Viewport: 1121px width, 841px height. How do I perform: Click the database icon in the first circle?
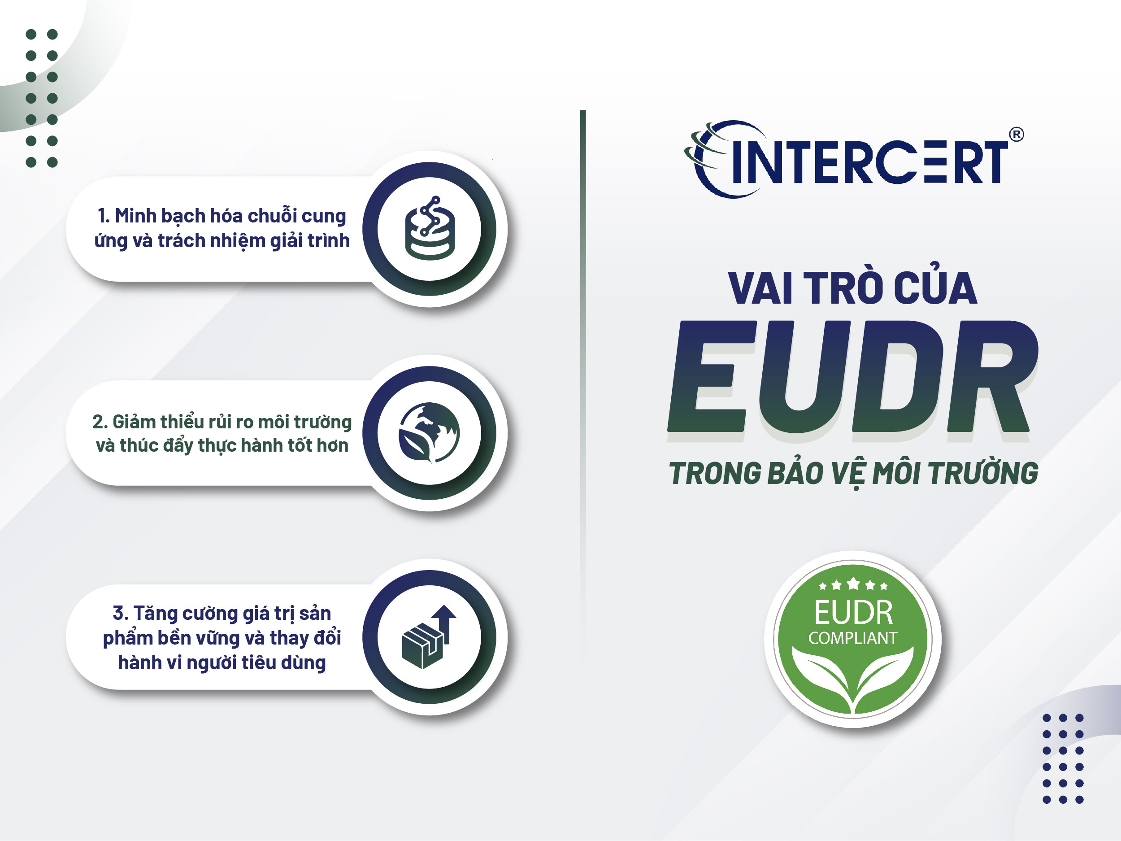[430, 229]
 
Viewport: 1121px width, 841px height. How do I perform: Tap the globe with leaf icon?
[429, 432]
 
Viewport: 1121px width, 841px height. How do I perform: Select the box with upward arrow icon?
[429, 637]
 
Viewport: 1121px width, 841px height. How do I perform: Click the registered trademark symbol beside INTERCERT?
[1016, 135]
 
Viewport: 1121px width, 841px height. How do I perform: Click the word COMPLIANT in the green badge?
[852, 638]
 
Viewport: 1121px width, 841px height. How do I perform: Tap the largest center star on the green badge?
[853, 584]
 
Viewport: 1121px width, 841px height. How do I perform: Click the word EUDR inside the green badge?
[853, 612]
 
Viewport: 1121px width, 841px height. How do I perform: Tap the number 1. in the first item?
[104, 216]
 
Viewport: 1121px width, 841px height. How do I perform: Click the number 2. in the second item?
[100, 422]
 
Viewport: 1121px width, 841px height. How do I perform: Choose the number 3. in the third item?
[120, 614]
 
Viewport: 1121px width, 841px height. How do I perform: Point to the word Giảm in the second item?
[133, 422]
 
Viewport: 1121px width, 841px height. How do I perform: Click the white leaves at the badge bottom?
[853, 677]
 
